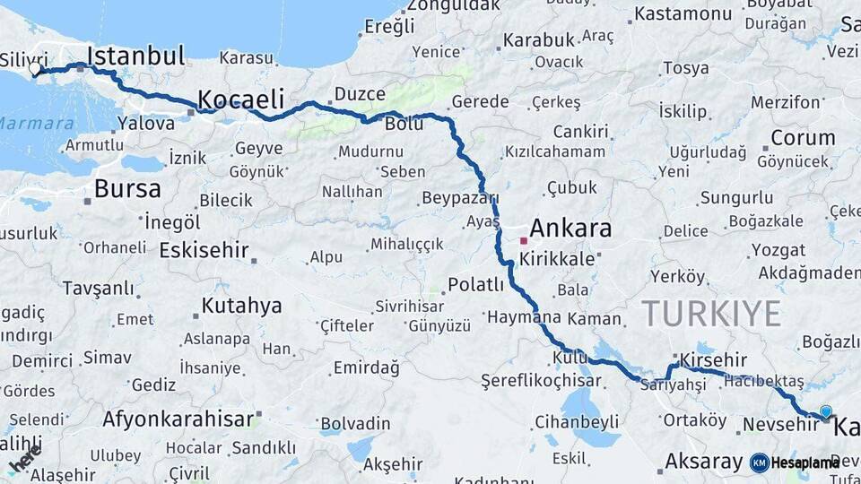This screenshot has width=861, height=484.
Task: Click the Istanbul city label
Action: [137, 56]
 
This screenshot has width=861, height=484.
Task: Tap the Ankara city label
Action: [570, 228]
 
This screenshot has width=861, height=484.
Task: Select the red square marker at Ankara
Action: [524, 240]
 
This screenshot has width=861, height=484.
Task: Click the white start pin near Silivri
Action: [35, 68]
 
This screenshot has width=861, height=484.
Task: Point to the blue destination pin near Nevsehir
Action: [825, 411]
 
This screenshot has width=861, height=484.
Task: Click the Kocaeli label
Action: [240, 98]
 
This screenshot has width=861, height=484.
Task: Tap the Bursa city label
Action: [127, 189]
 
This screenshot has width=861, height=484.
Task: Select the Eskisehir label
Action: [203, 250]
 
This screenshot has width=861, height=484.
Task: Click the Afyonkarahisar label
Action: [178, 419]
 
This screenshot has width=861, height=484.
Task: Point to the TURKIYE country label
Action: [710, 314]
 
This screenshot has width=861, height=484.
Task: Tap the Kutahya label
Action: [241, 306]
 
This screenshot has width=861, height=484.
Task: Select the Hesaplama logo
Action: [795, 462]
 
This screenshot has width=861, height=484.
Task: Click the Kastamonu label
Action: [683, 14]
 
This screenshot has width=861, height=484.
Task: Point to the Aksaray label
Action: [704, 462]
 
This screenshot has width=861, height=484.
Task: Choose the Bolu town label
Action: [404, 124]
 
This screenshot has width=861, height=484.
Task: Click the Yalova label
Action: [145, 124]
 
